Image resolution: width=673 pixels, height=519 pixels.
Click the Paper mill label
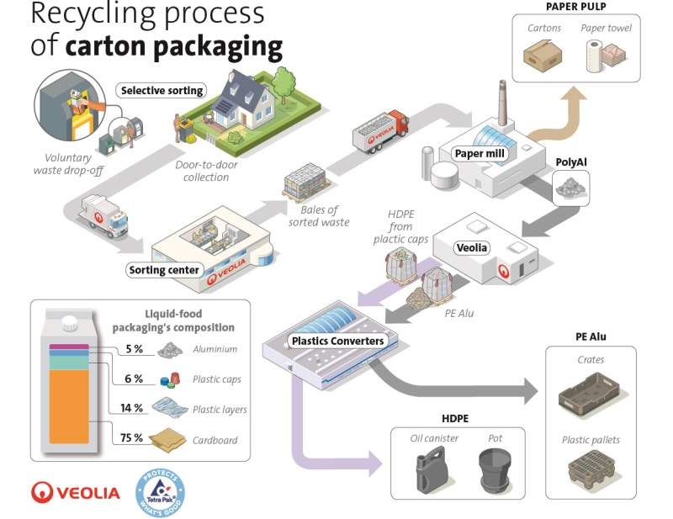tap(480, 154)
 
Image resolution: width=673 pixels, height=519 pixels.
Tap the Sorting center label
tap(164, 270)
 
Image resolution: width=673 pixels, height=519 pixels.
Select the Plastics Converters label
tap(338, 341)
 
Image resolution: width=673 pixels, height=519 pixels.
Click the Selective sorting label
tap(162, 91)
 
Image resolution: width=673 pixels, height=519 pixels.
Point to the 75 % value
tap(131, 437)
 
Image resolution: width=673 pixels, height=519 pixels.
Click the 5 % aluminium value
tap(134, 349)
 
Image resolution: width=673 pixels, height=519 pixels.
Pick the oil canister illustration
tap(431, 470)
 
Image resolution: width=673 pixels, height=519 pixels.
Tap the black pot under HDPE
tap(495, 470)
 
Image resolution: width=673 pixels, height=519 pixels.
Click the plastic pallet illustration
tap(592, 470)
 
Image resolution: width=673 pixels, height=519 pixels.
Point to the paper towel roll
tap(595, 56)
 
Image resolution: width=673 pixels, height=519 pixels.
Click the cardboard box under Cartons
tap(543, 55)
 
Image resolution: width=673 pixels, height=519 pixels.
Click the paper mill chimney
tap(502, 103)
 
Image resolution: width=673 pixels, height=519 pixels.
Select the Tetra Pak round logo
tap(160, 492)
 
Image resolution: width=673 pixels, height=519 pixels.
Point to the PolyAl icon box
tap(571, 188)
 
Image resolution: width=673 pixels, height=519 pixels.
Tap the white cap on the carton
tap(70, 323)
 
